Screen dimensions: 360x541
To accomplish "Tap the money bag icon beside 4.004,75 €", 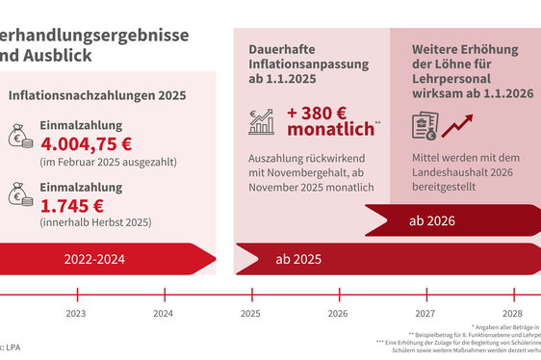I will coord(21,137).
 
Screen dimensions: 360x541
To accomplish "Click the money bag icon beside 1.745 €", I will coord(21,195).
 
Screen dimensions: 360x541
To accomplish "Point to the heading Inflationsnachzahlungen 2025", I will coord(97,96).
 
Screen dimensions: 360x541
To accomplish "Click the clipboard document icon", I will coord(425,126).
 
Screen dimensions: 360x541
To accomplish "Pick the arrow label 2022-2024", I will coord(94,259).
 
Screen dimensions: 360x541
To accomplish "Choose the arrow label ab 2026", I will coord(429,221).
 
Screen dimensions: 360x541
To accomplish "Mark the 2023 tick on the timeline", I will coord(76,295).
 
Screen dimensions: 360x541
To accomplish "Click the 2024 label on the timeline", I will coord(163,313).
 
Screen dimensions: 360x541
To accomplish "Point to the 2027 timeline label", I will coord(425,313).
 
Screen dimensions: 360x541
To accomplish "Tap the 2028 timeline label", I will coord(511,313).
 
